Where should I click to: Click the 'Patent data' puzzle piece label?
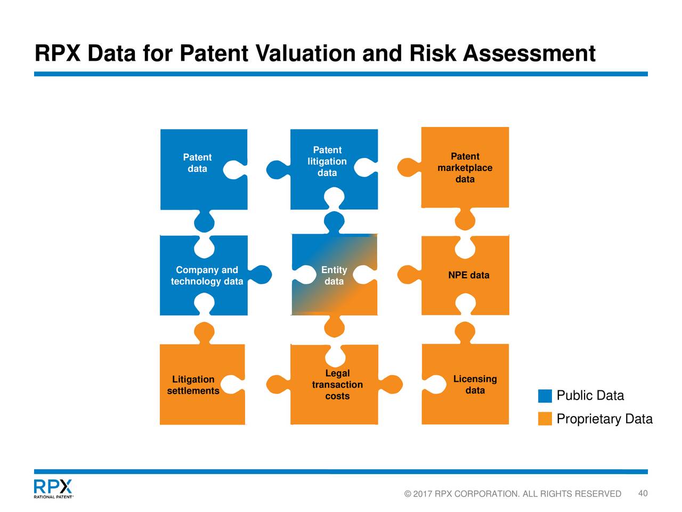coord(197,163)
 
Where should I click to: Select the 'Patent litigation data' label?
coord(327,162)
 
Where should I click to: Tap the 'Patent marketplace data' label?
coord(465,168)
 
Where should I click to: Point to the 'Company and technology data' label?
coord(207,276)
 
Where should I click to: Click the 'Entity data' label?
coord(334,276)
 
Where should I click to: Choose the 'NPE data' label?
coord(468,275)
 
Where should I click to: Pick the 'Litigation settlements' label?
coord(193,385)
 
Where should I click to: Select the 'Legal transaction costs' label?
coord(337,385)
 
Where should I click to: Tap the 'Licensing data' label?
coord(475,385)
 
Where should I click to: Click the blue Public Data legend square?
coord(545,396)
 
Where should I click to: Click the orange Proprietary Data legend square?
coord(545,419)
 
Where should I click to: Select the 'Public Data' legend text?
coord(590,396)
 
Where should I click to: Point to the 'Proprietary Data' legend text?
coord(604,419)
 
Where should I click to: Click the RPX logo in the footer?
coord(53,488)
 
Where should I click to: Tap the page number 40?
coord(643,493)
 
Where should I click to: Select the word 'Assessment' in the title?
coord(529,53)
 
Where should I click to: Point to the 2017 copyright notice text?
coord(513,494)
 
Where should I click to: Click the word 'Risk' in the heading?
coord(433,53)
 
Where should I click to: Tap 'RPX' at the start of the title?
coord(58,53)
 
